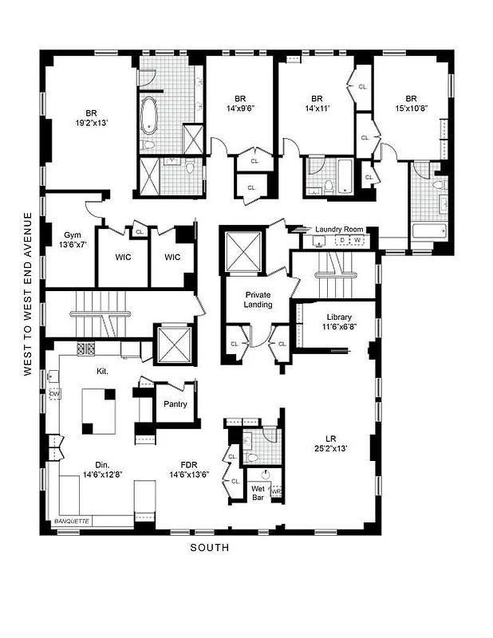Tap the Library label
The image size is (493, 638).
coord(338,317)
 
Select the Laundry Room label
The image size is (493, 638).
coord(338,230)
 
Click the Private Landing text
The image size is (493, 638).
coord(258,299)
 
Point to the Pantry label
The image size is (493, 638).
coord(174,404)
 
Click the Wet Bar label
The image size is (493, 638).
coord(258,493)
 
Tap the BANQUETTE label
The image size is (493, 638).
coord(73,521)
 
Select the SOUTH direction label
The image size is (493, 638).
coord(209,547)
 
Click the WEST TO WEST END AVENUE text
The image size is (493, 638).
coord(28,293)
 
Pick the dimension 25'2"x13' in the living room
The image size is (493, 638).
coord(329,447)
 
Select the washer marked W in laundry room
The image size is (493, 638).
coord(357,240)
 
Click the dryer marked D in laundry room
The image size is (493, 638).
coord(342,240)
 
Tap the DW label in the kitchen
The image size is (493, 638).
coord(54,394)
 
